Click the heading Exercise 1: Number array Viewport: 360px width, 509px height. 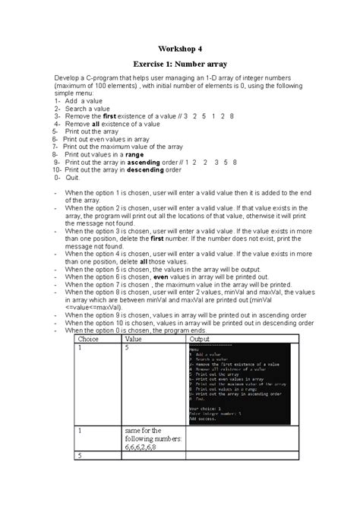[x=180, y=65]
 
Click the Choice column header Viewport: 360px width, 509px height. [x=90, y=340]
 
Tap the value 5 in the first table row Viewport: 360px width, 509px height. [x=127, y=349]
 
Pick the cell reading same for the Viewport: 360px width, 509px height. [x=144, y=431]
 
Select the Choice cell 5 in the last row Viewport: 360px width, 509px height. [x=79, y=456]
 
